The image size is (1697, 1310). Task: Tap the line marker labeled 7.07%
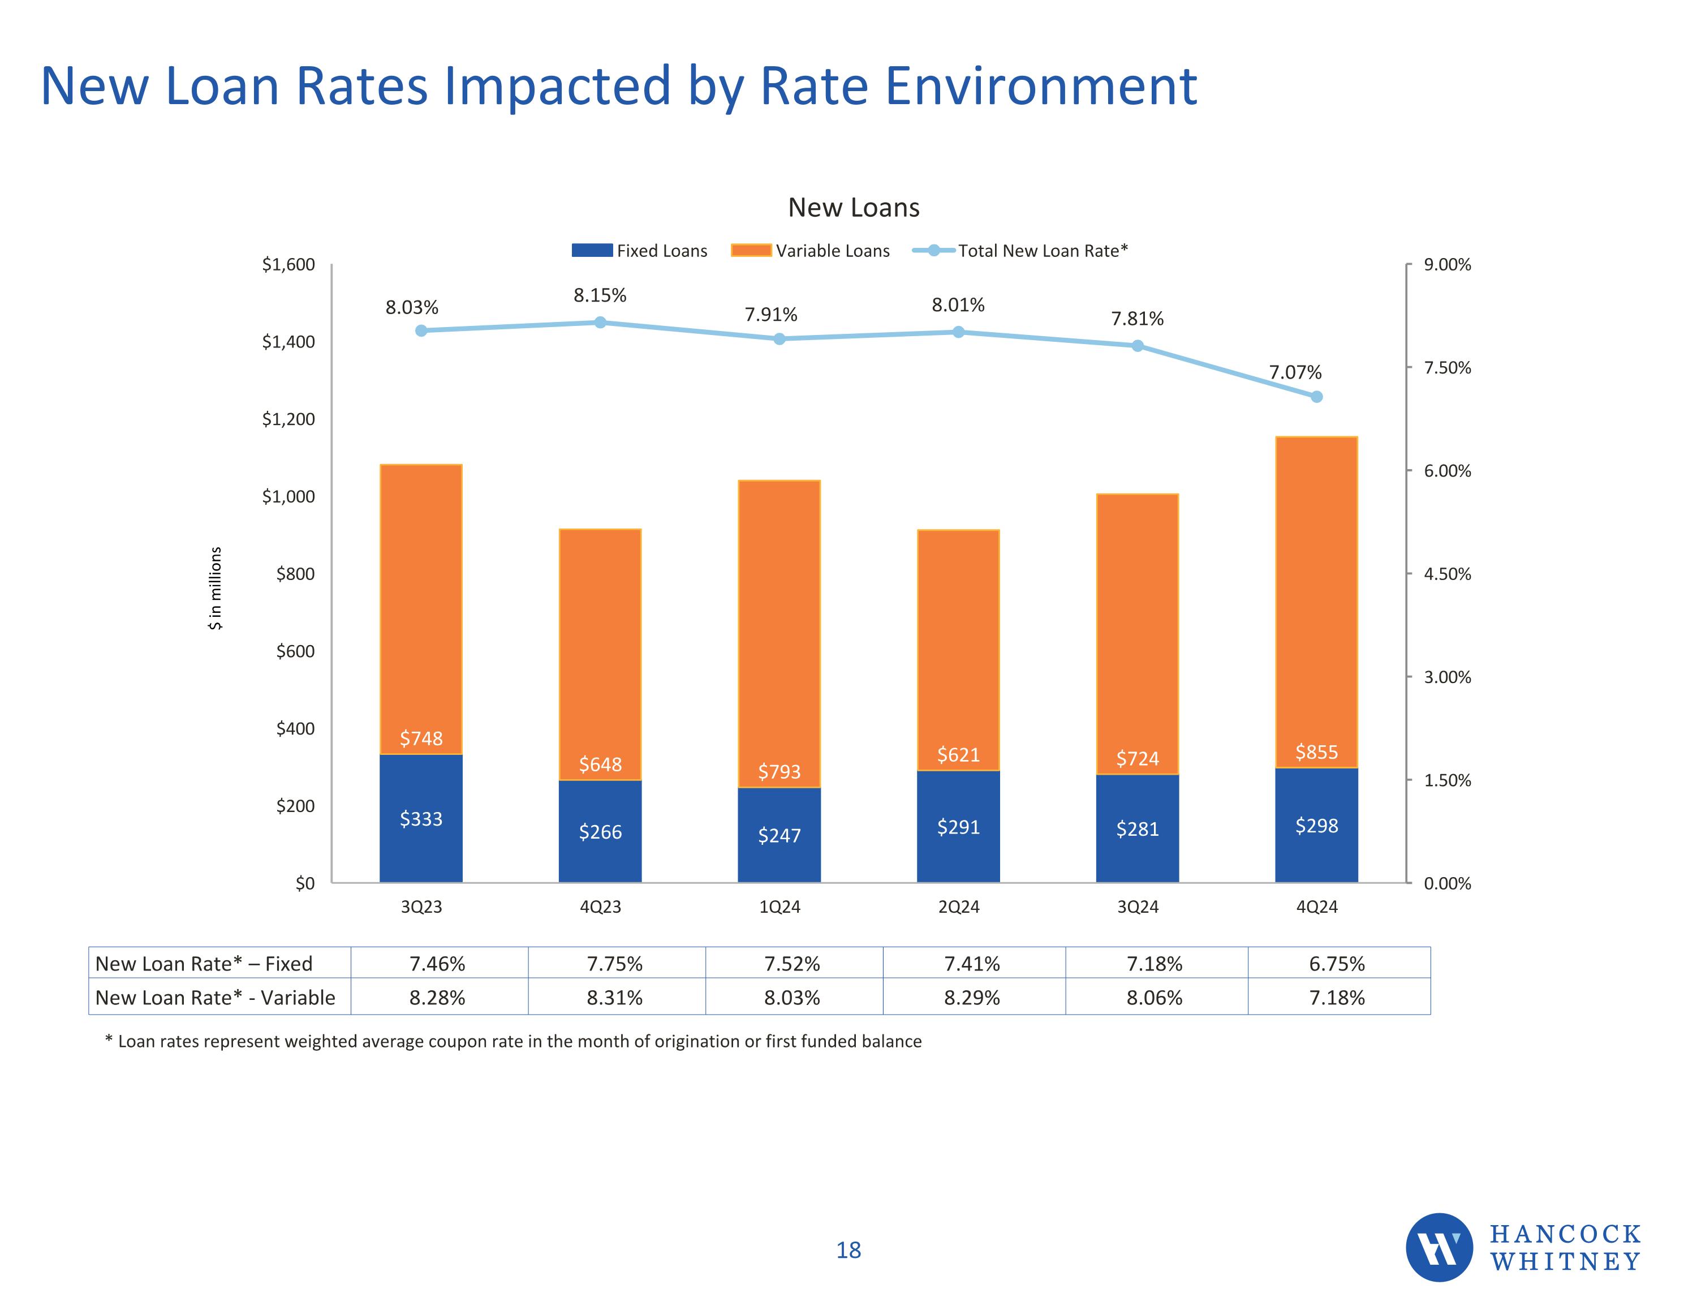pos(1316,397)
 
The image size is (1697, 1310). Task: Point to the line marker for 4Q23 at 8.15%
pos(600,322)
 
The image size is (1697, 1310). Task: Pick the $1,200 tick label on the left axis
pos(288,420)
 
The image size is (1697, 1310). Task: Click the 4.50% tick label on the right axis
pos(1447,574)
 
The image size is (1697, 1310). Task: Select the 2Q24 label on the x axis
pos(958,907)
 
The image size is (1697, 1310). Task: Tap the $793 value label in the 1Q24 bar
pos(779,772)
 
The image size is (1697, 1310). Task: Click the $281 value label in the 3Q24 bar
pos(1138,830)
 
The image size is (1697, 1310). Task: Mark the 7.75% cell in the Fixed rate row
pos(615,964)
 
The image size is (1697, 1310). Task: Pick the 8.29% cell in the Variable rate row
pos(972,998)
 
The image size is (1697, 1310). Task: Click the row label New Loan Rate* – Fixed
pos(204,964)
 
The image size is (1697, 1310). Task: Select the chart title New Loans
pos(853,208)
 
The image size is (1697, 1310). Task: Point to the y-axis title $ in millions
pos(215,589)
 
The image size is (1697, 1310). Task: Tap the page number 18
pos(848,1250)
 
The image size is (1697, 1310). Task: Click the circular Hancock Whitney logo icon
pos(1439,1247)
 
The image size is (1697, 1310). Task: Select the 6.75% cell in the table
pos(1337,964)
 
